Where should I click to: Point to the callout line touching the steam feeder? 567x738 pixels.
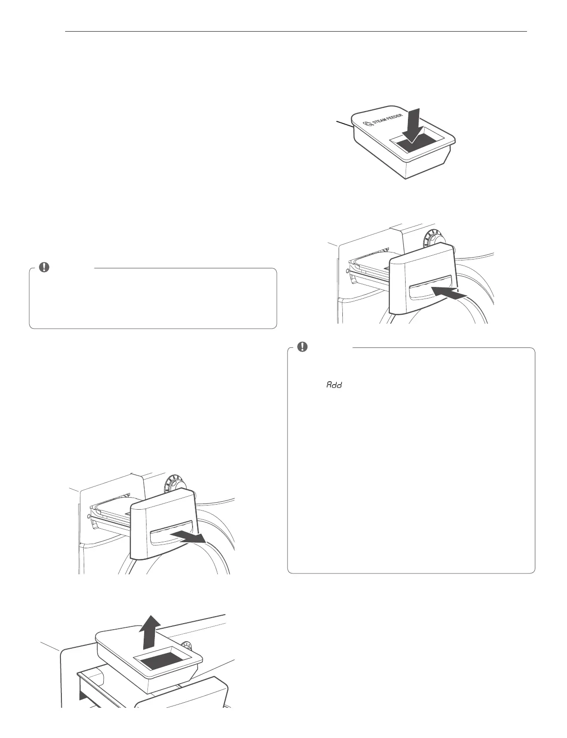[345, 123]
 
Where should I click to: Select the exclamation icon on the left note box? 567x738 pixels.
[43, 267]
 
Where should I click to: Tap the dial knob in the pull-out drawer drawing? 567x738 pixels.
[173, 485]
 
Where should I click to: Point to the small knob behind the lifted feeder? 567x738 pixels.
[187, 645]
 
